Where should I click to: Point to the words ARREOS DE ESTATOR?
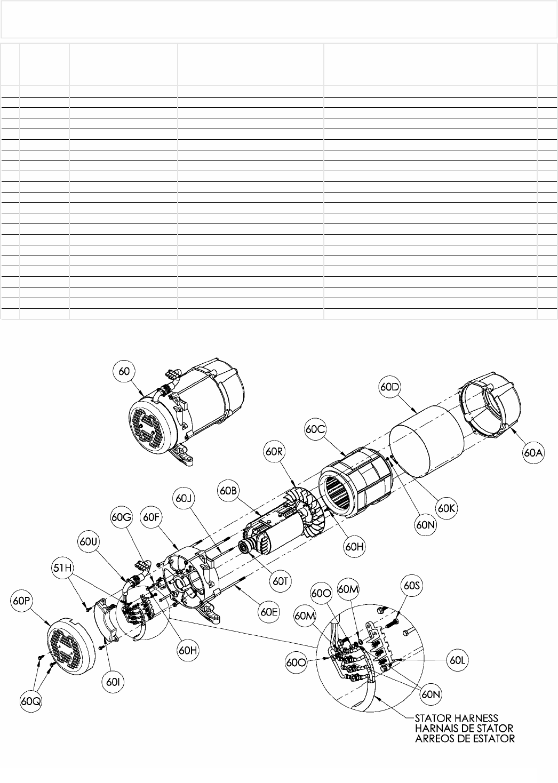click(465, 739)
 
